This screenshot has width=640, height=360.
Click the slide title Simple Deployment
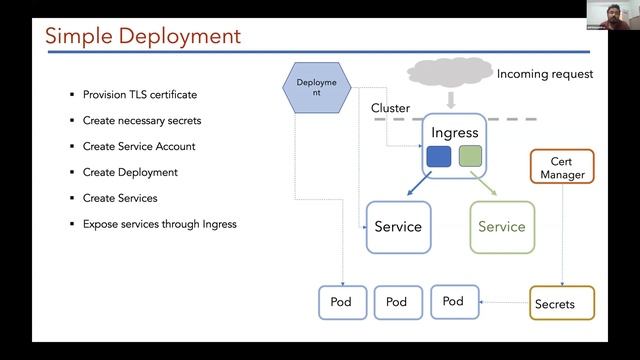(x=143, y=37)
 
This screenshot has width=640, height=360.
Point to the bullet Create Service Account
(x=139, y=146)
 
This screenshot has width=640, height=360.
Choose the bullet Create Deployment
(x=130, y=172)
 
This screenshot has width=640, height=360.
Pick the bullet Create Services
(x=125, y=198)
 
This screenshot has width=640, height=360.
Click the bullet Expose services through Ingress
(x=159, y=224)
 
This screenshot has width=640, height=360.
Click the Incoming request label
(x=545, y=74)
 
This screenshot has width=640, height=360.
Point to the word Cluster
(x=391, y=107)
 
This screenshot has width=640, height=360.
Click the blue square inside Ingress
(x=438, y=157)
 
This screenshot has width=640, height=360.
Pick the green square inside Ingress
(x=470, y=157)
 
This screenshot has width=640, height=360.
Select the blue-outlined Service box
(x=398, y=226)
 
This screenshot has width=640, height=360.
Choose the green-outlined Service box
(x=502, y=226)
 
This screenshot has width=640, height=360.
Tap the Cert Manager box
(x=562, y=167)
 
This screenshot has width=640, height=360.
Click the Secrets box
(x=555, y=304)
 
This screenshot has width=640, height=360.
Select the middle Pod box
(x=397, y=302)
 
